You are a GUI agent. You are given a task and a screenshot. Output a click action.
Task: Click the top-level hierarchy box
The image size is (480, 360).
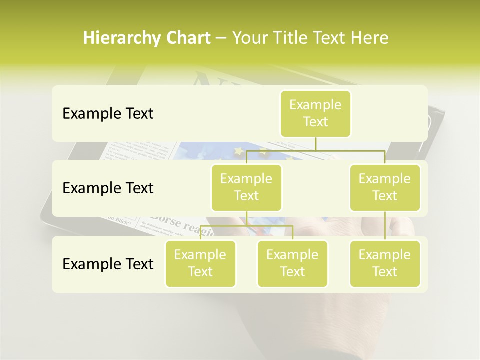pyautogui.click(x=315, y=113)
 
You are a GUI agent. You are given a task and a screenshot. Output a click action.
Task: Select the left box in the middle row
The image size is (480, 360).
pyautogui.click(x=246, y=187)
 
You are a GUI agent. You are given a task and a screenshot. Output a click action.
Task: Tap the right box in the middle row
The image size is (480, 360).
pyautogui.click(x=385, y=187)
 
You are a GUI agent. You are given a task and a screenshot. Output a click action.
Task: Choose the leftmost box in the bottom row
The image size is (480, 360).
pyautogui.click(x=200, y=263)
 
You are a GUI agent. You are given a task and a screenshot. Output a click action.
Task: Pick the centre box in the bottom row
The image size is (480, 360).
pyautogui.click(x=292, y=263)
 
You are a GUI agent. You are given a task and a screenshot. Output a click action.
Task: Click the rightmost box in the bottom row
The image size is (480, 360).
pyautogui.click(x=385, y=263)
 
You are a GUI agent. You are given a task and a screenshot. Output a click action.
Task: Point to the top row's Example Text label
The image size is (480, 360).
pyautogui.click(x=108, y=114)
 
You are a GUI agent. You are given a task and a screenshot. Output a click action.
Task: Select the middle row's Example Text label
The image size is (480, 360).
pyautogui.click(x=108, y=188)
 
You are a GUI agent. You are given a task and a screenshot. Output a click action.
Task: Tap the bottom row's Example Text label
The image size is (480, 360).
pyautogui.click(x=108, y=264)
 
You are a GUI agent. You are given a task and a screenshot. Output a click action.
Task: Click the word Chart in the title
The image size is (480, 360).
pyautogui.click(x=188, y=38)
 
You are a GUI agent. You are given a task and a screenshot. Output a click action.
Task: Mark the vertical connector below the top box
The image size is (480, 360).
pyautogui.click(x=315, y=143)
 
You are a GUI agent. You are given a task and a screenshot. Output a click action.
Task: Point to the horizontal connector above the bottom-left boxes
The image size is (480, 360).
pyautogui.click(x=246, y=226)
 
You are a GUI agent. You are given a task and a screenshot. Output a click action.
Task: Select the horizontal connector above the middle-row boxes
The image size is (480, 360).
pyautogui.click(x=315, y=150)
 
